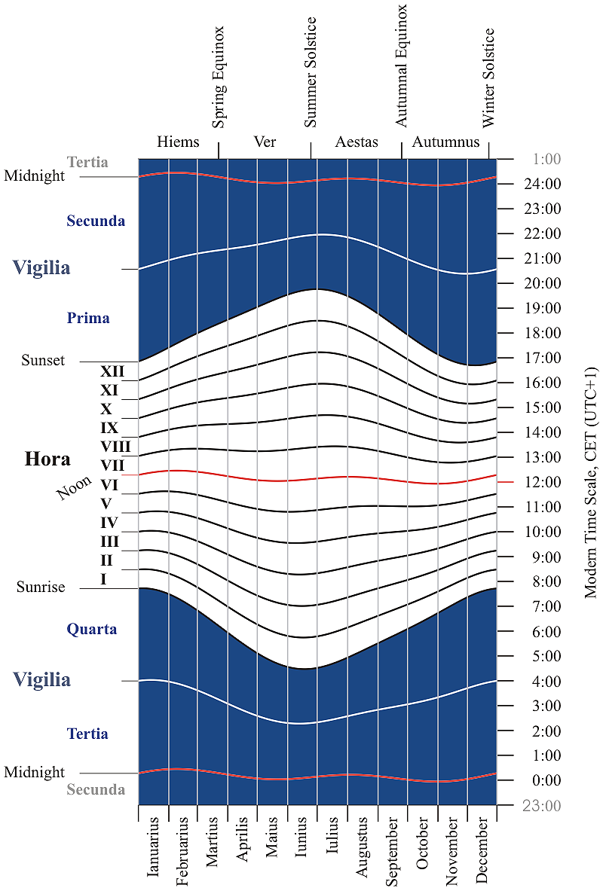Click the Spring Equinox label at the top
point(219,78)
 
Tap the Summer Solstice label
point(311,72)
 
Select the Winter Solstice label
point(489,78)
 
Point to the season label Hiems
point(178,142)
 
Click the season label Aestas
point(357,142)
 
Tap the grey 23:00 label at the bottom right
point(540,806)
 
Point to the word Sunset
point(43,361)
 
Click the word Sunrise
point(41,587)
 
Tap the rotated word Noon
point(74,488)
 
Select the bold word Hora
point(47,459)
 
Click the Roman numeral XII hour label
point(112,371)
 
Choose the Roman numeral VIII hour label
point(115,447)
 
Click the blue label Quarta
point(92,629)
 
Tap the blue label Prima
point(88,318)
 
